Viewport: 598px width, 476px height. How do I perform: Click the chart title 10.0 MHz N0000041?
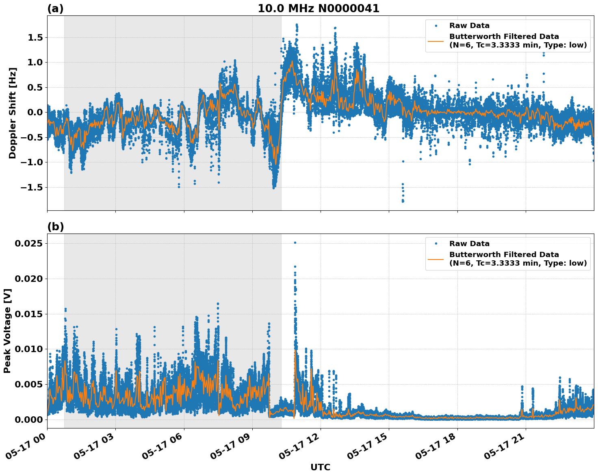318,9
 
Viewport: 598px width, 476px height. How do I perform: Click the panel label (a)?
55,9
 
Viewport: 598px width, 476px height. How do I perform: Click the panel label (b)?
55,227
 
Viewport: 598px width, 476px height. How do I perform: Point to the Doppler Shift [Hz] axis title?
13,113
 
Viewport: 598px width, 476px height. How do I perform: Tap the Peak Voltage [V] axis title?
7,331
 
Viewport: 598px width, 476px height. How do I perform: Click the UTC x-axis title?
320,467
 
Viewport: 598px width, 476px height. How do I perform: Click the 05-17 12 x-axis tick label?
300,447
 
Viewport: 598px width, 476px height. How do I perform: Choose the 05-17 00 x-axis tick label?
27,447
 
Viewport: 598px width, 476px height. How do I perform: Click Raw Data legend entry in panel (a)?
469,26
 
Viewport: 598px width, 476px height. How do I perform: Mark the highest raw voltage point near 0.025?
295,242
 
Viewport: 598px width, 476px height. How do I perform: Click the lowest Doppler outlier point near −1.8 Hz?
403,201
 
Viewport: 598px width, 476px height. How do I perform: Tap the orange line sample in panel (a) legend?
436,41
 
